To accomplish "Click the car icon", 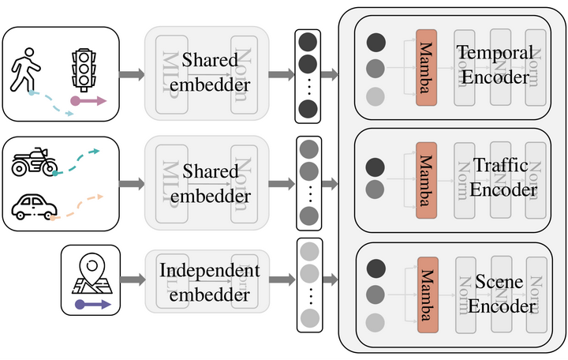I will point(34,207).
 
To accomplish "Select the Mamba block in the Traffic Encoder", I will point(426,177).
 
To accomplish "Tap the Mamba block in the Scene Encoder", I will point(426,291).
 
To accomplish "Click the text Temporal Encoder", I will point(495,64).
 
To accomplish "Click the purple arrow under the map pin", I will point(92,304).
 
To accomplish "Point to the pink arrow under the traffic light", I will point(88,101).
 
